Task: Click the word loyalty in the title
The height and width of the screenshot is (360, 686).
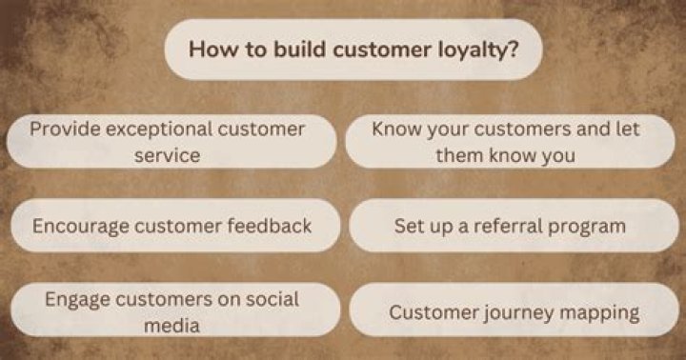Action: [477, 50]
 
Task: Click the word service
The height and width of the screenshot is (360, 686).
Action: [168, 154]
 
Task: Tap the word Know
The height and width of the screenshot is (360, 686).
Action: [394, 129]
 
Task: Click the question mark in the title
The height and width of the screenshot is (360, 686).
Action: [514, 49]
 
